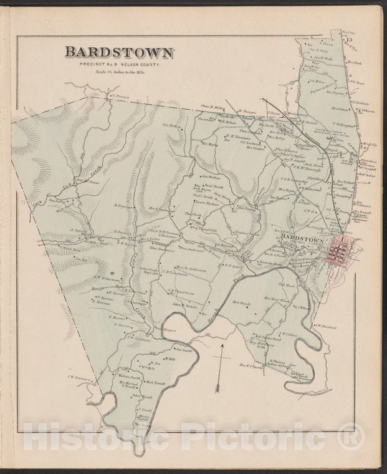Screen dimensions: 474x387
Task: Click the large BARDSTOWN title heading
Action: click(119, 52)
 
